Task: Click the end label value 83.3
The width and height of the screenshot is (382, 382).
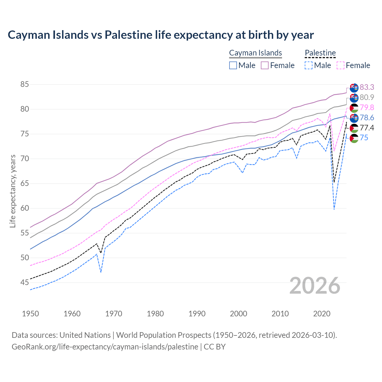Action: [x=367, y=87]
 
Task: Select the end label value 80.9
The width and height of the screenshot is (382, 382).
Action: [x=367, y=97]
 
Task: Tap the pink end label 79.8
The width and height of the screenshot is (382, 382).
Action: [x=367, y=107]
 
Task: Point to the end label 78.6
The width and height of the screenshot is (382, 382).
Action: [x=367, y=118]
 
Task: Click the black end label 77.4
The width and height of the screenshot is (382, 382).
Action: [x=367, y=128]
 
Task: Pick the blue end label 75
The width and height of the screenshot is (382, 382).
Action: [x=364, y=138]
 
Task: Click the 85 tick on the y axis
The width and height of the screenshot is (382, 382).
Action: [x=25, y=84]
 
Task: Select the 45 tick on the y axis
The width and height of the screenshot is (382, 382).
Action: [x=25, y=282]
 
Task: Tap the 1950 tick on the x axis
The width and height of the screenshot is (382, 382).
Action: [x=30, y=314]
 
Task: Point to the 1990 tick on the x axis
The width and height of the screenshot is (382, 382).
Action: [x=197, y=314]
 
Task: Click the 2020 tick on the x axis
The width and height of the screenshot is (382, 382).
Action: [x=322, y=314]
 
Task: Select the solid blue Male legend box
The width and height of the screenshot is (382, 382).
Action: [x=233, y=65]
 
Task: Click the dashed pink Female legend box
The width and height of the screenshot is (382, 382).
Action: [x=340, y=65]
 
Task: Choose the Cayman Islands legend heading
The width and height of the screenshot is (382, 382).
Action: [x=255, y=53]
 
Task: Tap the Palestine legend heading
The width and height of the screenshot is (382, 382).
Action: [x=320, y=53]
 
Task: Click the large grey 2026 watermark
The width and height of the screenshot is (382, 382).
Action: [x=315, y=286]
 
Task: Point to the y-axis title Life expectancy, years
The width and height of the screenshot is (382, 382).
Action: [x=13, y=191]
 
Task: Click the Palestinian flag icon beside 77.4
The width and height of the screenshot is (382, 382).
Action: [x=354, y=128]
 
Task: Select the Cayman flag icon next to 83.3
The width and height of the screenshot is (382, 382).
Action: [x=354, y=88]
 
